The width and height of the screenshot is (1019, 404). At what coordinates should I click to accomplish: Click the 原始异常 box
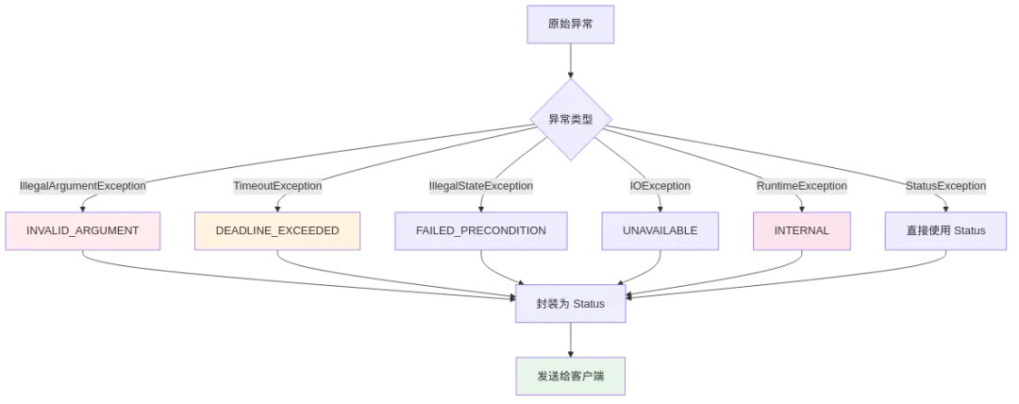(x=570, y=23)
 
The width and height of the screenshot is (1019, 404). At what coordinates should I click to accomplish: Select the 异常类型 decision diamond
(x=570, y=119)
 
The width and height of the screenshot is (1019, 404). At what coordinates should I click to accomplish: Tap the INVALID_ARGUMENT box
(x=83, y=230)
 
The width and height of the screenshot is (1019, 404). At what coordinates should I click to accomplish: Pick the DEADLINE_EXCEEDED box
(x=277, y=230)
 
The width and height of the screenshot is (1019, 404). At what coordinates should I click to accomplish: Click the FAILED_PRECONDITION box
(x=481, y=230)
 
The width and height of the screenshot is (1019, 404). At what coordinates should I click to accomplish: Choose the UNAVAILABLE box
(x=660, y=230)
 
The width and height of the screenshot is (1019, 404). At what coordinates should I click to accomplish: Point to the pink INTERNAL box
(x=802, y=230)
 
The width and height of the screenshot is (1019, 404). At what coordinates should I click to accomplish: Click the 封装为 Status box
(x=570, y=304)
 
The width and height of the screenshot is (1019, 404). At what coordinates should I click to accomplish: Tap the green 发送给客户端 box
(x=570, y=376)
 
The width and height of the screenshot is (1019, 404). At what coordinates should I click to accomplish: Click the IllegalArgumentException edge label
(x=83, y=186)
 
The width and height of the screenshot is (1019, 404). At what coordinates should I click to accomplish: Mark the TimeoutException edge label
(x=277, y=186)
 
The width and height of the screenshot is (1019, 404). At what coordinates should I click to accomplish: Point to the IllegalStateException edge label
(x=481, y=186)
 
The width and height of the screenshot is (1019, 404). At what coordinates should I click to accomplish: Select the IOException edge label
(x=660, y=186)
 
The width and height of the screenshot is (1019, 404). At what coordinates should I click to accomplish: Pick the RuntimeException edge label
(x=802, y=186)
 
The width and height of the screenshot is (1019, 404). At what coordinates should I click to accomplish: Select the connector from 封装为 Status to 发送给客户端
(x=570, y=340)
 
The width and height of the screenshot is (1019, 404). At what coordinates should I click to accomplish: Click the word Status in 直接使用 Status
(x=968, y=230)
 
